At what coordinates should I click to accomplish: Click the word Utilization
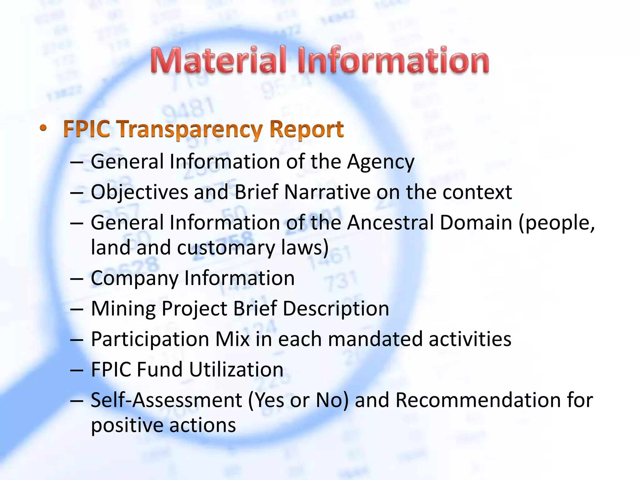tap(236, 370)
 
